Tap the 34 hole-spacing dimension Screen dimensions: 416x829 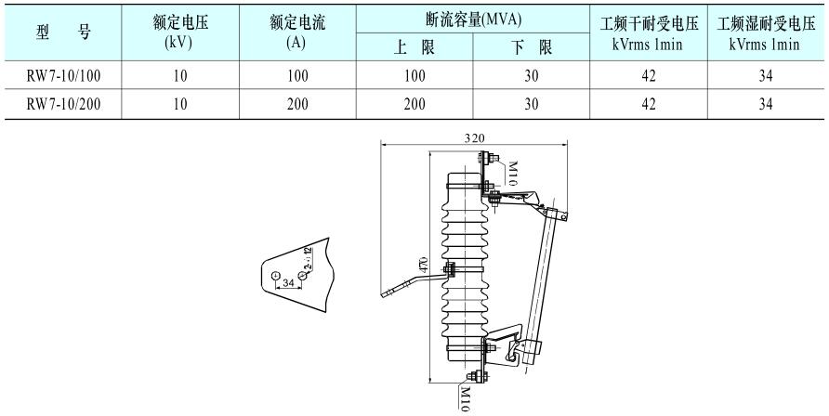[x=288, y=281]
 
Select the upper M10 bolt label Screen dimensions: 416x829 [x=510, y=174]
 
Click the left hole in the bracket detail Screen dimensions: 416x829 [x=275, y=276]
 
